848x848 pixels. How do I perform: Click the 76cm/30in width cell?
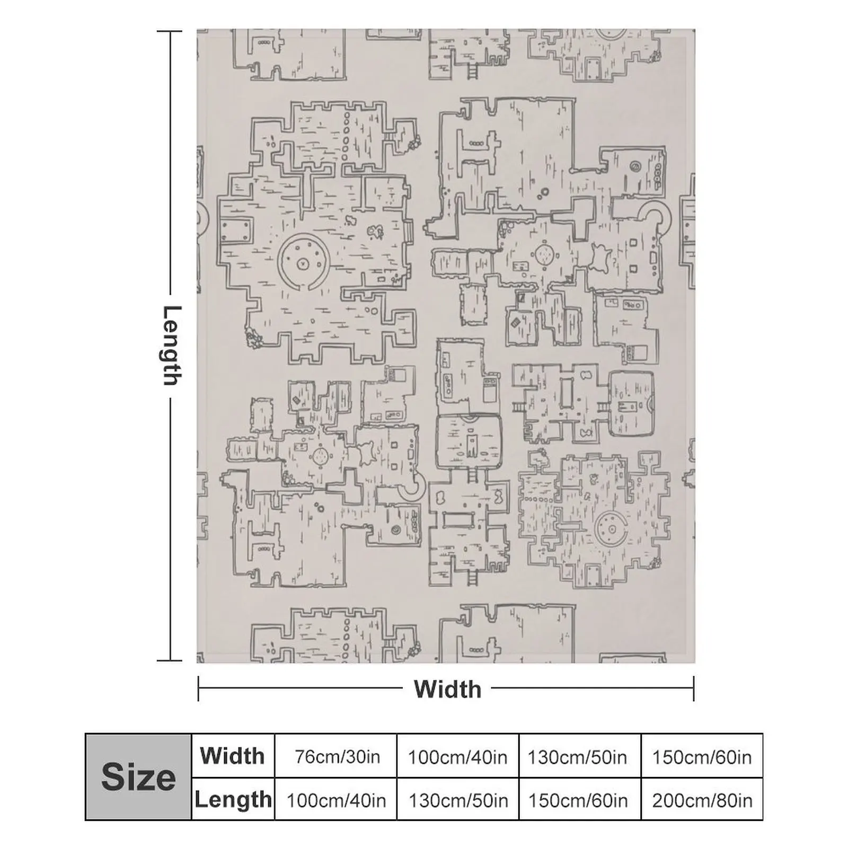pyautogui.click(x=335, y=756)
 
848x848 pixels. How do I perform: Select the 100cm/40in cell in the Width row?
pyautogui.click(x=457, y=756)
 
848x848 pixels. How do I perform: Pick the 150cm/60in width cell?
pyautogui.click(x=702, y=756)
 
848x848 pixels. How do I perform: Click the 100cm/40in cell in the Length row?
pyautogui.click(x=335, y=799)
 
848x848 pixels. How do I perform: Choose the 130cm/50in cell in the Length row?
pyautogui.click(x=457, y=799)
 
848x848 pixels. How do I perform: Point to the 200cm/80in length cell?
pyautogui.click(x=702, y=799)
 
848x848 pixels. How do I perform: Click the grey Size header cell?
pyautogui.click(x=138, y=777)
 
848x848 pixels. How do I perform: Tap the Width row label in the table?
pyautogui.click(x=233, y=756)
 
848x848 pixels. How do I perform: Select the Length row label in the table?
pyautogui.click(x=233, y=799)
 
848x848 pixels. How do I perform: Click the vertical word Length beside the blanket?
pyautogui.click(x=171, y=346)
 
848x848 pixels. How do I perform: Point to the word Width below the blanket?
pyautogui.click(x=448, y=689)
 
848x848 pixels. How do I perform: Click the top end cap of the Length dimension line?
pyautogui.click(x=170, y=31)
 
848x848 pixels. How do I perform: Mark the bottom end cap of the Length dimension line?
pyautogui.click(x=170, y=660)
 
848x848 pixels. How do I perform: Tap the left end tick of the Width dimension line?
pyautogui.click(x=198, y=688)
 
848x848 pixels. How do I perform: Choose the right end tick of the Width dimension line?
pyautogui.click(x=693, y=688)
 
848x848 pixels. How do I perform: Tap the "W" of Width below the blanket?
pyautogui.click(x=425, y=689)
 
